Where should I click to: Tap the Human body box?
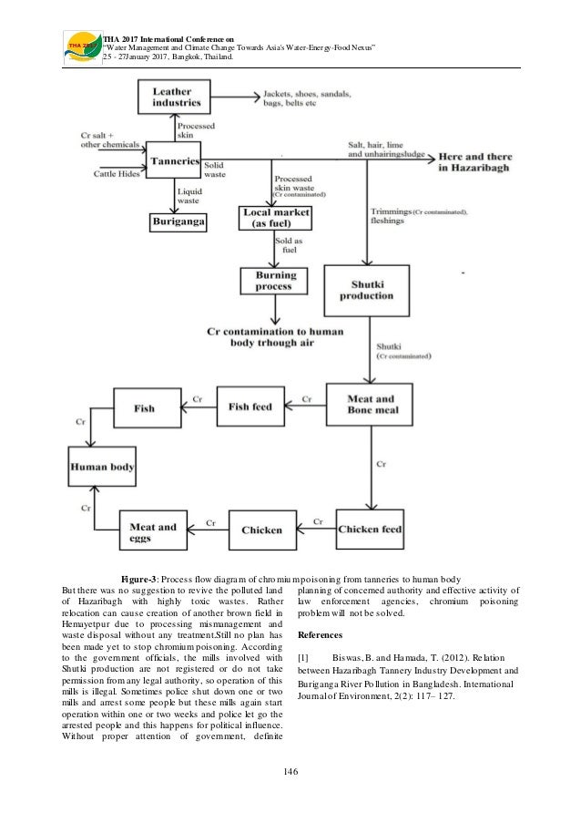pos(103,467)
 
